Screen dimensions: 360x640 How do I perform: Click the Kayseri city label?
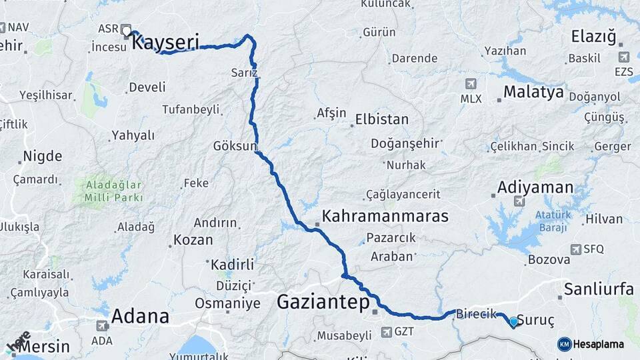pyautogui.click(x=165, y=43)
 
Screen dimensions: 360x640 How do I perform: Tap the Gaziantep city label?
pyautogui.click(x=323, y=303)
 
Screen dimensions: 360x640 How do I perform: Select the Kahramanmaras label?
pyautogui.click(x=385, y=216)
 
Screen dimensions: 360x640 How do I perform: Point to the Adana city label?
pyautogui.click(x=140, y=315)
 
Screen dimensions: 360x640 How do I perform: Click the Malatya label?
pyautogui.click(x=533, y=91)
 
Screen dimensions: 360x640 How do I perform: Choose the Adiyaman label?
pyautogui.click(x=535, y=187)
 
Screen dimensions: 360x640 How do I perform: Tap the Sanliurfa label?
pyautogui.click(x=598, y=289)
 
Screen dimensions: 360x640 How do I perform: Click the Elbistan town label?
pyautogui.click(x=382, y=120)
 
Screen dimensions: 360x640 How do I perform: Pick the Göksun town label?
pyautogui.click(x=235, y=145)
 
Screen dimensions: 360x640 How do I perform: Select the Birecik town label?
pyautogui.click(x=476, y=315)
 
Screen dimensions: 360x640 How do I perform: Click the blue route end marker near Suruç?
pyautogui.click(x=513, y=322)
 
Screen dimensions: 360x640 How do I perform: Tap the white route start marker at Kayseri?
pyautogui.click(x=126, y=29)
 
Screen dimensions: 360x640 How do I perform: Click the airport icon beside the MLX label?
pyautogui.click(x=471, y=84)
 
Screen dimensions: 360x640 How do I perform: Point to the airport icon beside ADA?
pyautogui.click(x=102, y=326)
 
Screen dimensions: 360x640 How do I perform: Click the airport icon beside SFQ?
pyautogui.click(x=575, y=249)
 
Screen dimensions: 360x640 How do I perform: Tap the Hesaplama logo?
pyautogui.click(x=591, y=344)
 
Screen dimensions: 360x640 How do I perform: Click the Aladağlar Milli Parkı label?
pyautogui.click(x=113, y=190)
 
